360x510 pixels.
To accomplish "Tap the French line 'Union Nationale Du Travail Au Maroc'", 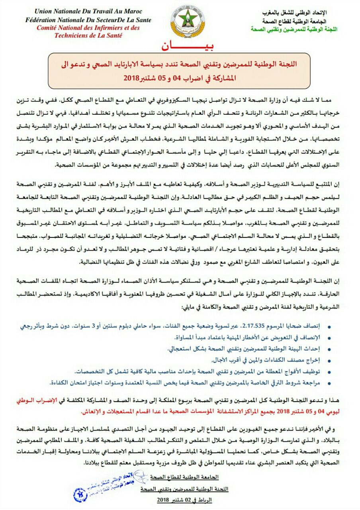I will point(88,12).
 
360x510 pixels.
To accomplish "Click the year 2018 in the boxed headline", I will point(130,78).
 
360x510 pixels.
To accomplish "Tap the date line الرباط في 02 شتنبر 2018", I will point(184,499).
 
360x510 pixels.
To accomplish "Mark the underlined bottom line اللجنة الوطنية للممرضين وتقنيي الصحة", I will point(183,488).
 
